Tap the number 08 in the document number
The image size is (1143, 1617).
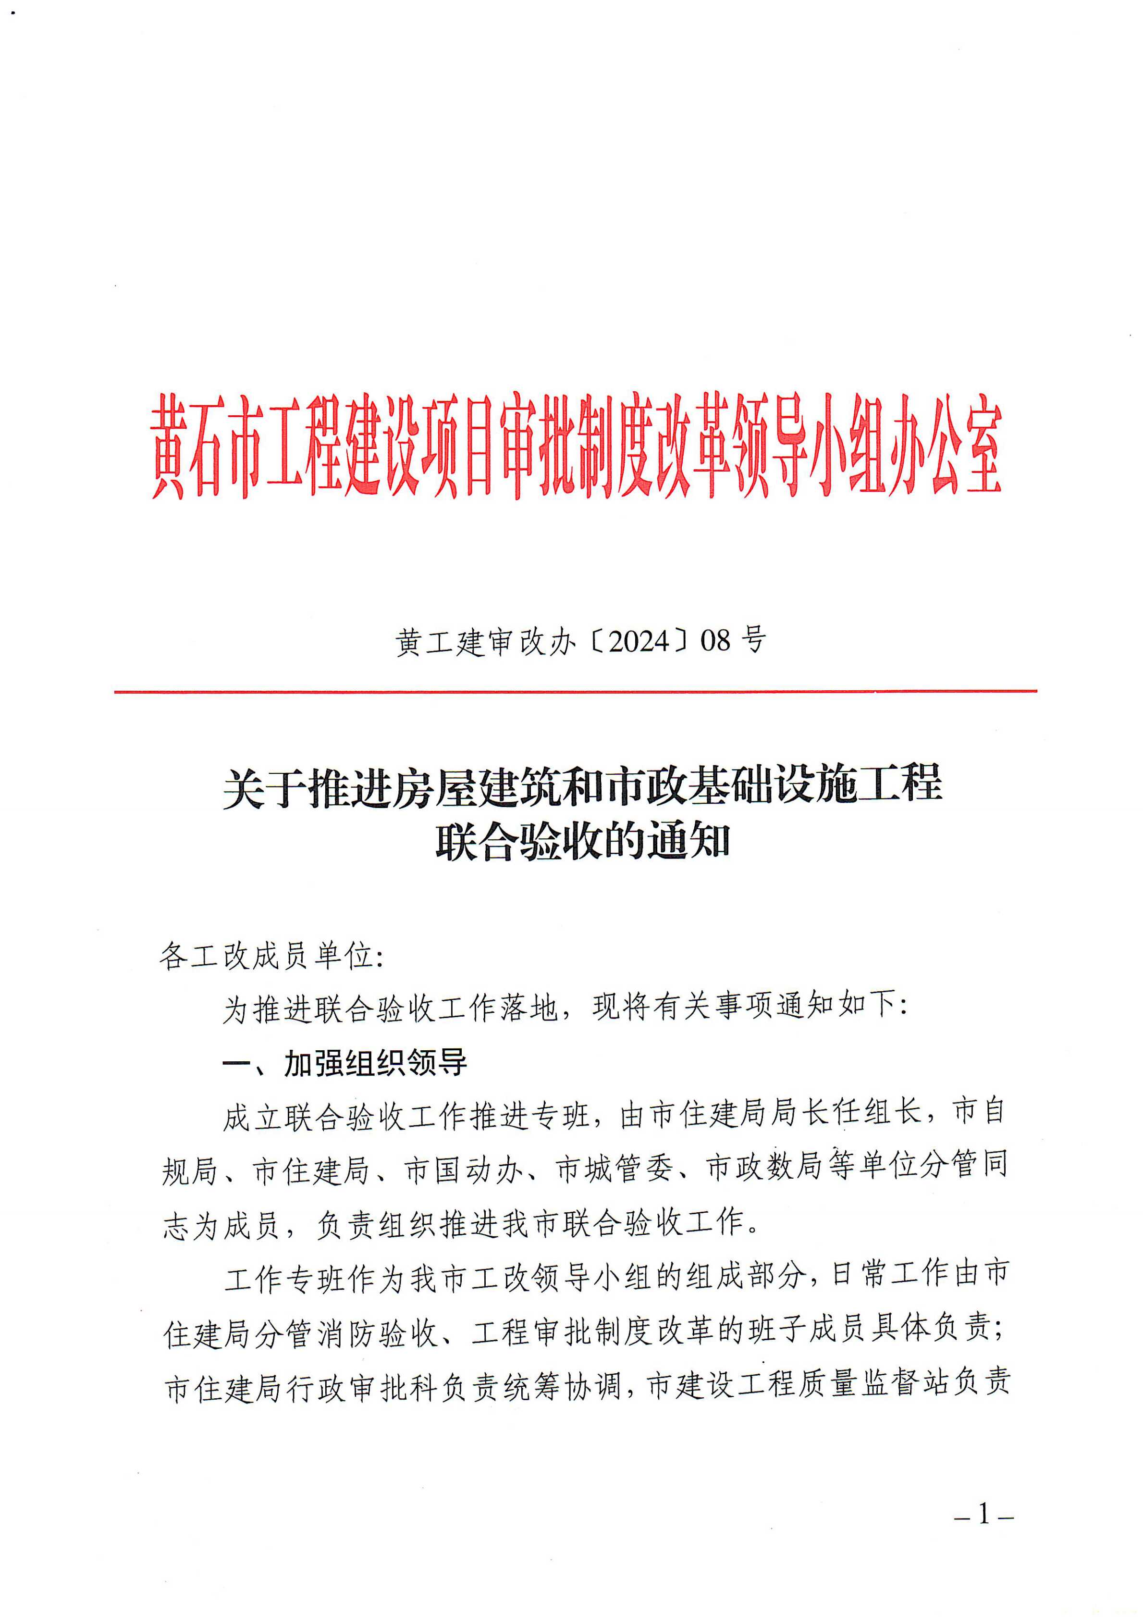(x=716, y=641)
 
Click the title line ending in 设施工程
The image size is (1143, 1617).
(x=583, y=784)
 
